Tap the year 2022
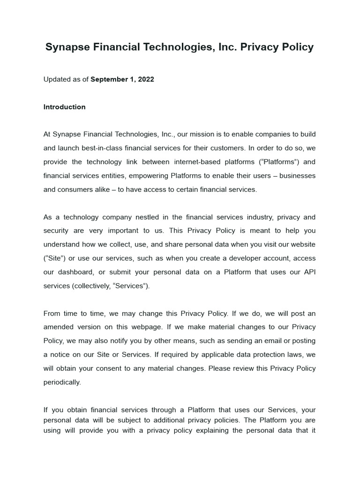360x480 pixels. coord(146,79)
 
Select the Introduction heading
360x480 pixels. coord(64,107)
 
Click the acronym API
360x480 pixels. coord(309,272)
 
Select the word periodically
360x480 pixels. coord(62,382)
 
